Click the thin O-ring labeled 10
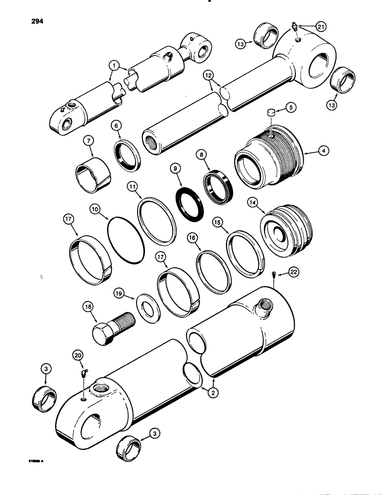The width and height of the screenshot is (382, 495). pyautogui.click(x=126, y=239)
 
